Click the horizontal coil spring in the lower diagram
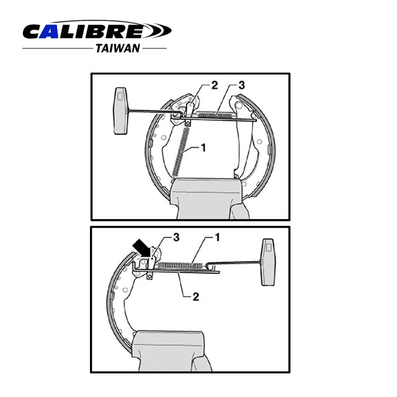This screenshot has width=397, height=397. pos(181,265)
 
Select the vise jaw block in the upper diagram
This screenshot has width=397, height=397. pos(204,195)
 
